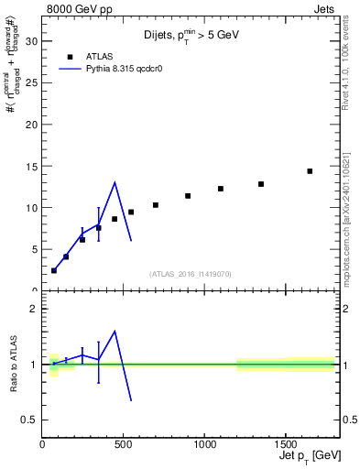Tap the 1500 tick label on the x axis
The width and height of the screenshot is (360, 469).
[x=285, y=445]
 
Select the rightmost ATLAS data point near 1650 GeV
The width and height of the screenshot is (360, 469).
[x=310, y=171]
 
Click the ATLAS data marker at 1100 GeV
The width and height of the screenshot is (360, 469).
[x=221, y=189]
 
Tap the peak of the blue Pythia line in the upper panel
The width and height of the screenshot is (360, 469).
[x=115, y=182]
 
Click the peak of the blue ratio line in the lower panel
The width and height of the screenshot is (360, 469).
[x=115, y=332]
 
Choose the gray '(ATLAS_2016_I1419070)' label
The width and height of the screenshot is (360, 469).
[x=190, y=273]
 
